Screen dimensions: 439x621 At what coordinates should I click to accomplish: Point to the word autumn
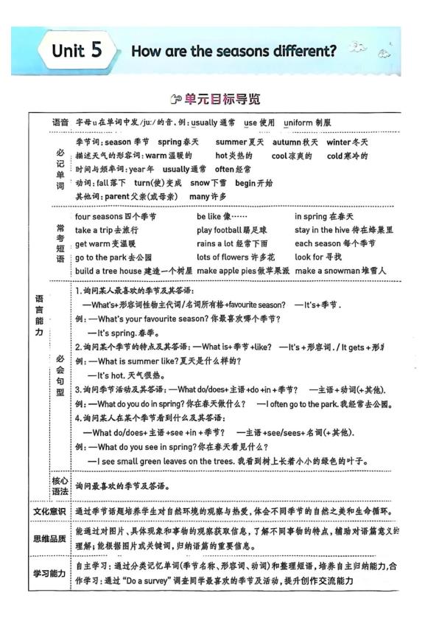(287, 142)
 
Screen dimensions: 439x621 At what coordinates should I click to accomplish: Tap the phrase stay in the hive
(323, 230)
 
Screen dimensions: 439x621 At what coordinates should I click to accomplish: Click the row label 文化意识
(50, 511)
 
